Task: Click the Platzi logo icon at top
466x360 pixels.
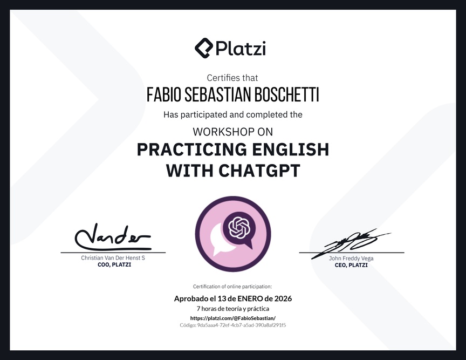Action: click(204, 48)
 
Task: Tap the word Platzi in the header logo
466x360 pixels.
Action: click(241, 49)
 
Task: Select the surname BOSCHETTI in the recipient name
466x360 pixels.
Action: click(283, 94)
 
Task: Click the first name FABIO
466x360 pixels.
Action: click(164, 94)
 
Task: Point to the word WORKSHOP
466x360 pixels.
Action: click(224, 132)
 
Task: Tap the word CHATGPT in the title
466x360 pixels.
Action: click(259, 171)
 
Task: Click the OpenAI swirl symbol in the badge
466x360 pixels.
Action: click(240, 228)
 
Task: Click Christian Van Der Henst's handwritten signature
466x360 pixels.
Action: click(113, 237)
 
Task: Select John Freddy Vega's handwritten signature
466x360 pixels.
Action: click(351, 242)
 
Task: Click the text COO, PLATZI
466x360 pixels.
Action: click(114, 264)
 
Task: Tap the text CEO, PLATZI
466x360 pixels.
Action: click(351, 265)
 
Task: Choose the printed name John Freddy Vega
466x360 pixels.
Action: click(351, 258)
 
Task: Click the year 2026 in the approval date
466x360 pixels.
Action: click(283, 298)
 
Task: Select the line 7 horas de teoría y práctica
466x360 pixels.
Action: click(233, 309)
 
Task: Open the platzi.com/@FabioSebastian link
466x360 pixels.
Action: click(233, 318)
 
